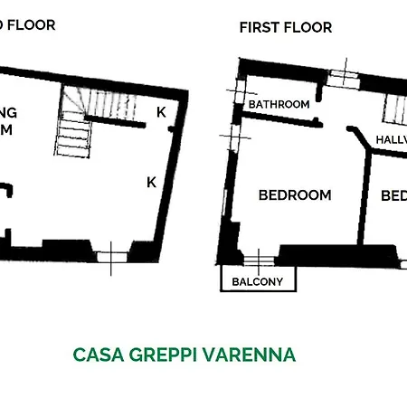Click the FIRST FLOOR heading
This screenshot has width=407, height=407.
pos(285,27)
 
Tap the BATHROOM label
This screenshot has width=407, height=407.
pos(279,104)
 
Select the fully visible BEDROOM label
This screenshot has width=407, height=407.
pos(295,194)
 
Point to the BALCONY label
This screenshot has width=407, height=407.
pos(258,282)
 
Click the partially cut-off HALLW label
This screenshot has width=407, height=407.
pos(390,140)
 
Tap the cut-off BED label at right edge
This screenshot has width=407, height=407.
pos(393,195)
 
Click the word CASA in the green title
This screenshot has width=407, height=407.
pos(97,354)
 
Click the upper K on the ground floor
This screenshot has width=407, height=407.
pos(160,112)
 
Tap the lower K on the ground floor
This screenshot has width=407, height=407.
pos(152,182)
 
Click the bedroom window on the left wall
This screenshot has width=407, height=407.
pos(231,137)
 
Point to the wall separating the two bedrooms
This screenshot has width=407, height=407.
pos(364,194)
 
